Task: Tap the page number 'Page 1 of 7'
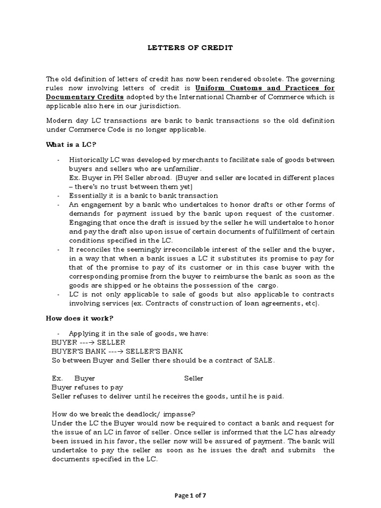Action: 190,494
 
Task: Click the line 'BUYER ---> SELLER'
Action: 88,342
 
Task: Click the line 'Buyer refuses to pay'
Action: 87,387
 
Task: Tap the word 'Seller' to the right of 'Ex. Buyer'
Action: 193,378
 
